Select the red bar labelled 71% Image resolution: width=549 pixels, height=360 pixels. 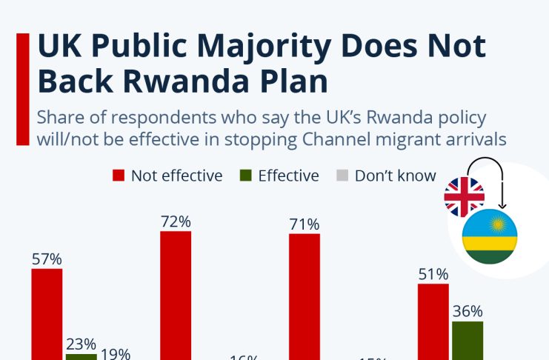pyautogui.click(x=305, y=296)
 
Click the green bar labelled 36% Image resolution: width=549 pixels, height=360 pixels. pyautogui.click(x=468, y=340)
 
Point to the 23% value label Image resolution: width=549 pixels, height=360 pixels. pyautogui.click(x=81, y=344)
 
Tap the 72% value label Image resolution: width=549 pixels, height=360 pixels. pyautogui.click(x=176, y=221)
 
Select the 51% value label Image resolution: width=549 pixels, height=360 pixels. pyautogui.click(x=433, y=273)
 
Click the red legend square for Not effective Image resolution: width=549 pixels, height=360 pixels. pyautogui.click(x=119, y=176)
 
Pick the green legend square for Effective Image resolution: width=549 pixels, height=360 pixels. pyautogui.click(x=246, y=176)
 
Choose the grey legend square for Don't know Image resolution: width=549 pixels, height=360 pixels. pyautogui.click(x=342, y=176)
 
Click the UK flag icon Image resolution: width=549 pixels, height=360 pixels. pyautogui.click(x=464, y=197)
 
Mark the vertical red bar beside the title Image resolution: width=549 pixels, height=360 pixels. pyautogui.click(x=22, y=88)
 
